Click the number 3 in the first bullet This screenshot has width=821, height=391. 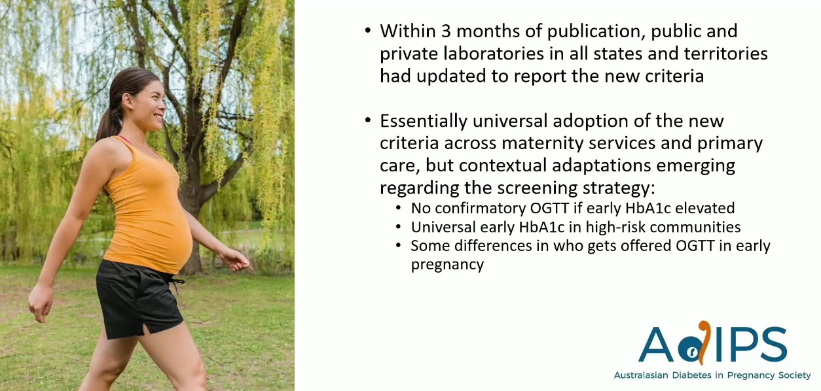(446, 31)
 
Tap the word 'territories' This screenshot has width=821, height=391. (725, 54)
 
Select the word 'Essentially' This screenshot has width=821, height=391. (424, 121)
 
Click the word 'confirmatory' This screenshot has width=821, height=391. (481, 209)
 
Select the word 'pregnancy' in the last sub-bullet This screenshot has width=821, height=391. (447, 265)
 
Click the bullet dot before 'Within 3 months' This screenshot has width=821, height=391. (368, 30)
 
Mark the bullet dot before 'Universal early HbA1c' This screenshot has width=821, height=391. (399, 227)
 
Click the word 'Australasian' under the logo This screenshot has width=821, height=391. (641, 375)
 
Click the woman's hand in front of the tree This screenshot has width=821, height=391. (236, 260)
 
